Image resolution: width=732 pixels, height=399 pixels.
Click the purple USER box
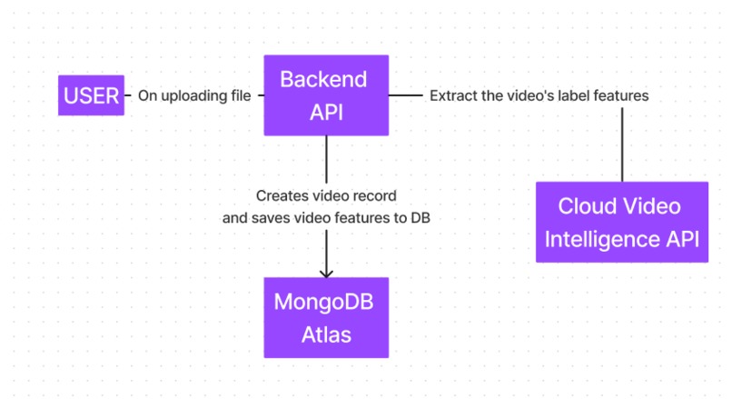point(92,95)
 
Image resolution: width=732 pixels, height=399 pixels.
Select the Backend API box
point(325,95)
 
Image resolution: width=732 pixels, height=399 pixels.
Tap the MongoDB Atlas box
point(325,317)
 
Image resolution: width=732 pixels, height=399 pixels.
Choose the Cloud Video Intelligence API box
point(621,222)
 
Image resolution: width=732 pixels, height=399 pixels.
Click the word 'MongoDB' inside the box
point(325,302)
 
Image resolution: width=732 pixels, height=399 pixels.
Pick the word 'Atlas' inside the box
point(325,334)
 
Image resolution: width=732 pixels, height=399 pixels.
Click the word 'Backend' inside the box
point(323,79)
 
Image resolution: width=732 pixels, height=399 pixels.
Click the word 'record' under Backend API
point(374,195)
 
